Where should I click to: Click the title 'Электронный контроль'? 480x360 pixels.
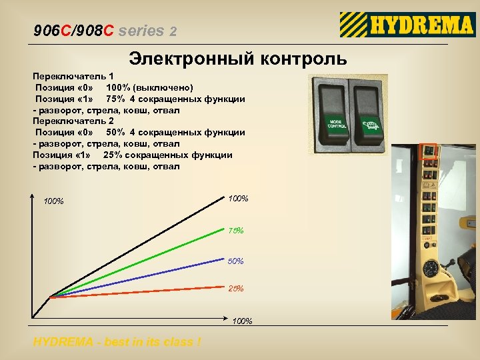[x=238, y=59]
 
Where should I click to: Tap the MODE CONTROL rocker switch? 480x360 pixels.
[x=335, y=115]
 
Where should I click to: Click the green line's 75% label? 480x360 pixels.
[x=236, y=231]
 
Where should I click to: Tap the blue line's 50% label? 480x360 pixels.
[x=235, y=261]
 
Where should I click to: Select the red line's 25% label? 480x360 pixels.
[x=235, y=289]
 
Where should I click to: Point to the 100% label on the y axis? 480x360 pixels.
[x=53, y=201]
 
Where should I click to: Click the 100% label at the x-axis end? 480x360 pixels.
[x=242, y=321]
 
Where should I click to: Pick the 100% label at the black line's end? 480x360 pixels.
[x=238, y=199]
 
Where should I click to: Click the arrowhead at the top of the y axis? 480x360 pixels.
[x=32, y=195]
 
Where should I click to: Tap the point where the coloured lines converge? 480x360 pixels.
[x=51, y=296]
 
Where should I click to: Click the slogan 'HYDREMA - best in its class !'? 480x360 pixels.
[x=117, y=342]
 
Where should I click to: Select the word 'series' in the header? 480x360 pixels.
[x=145, y=31]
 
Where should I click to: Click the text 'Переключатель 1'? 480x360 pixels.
[x=73, y=77]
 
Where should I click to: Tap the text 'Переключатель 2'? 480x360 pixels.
[x=73, y=121]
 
